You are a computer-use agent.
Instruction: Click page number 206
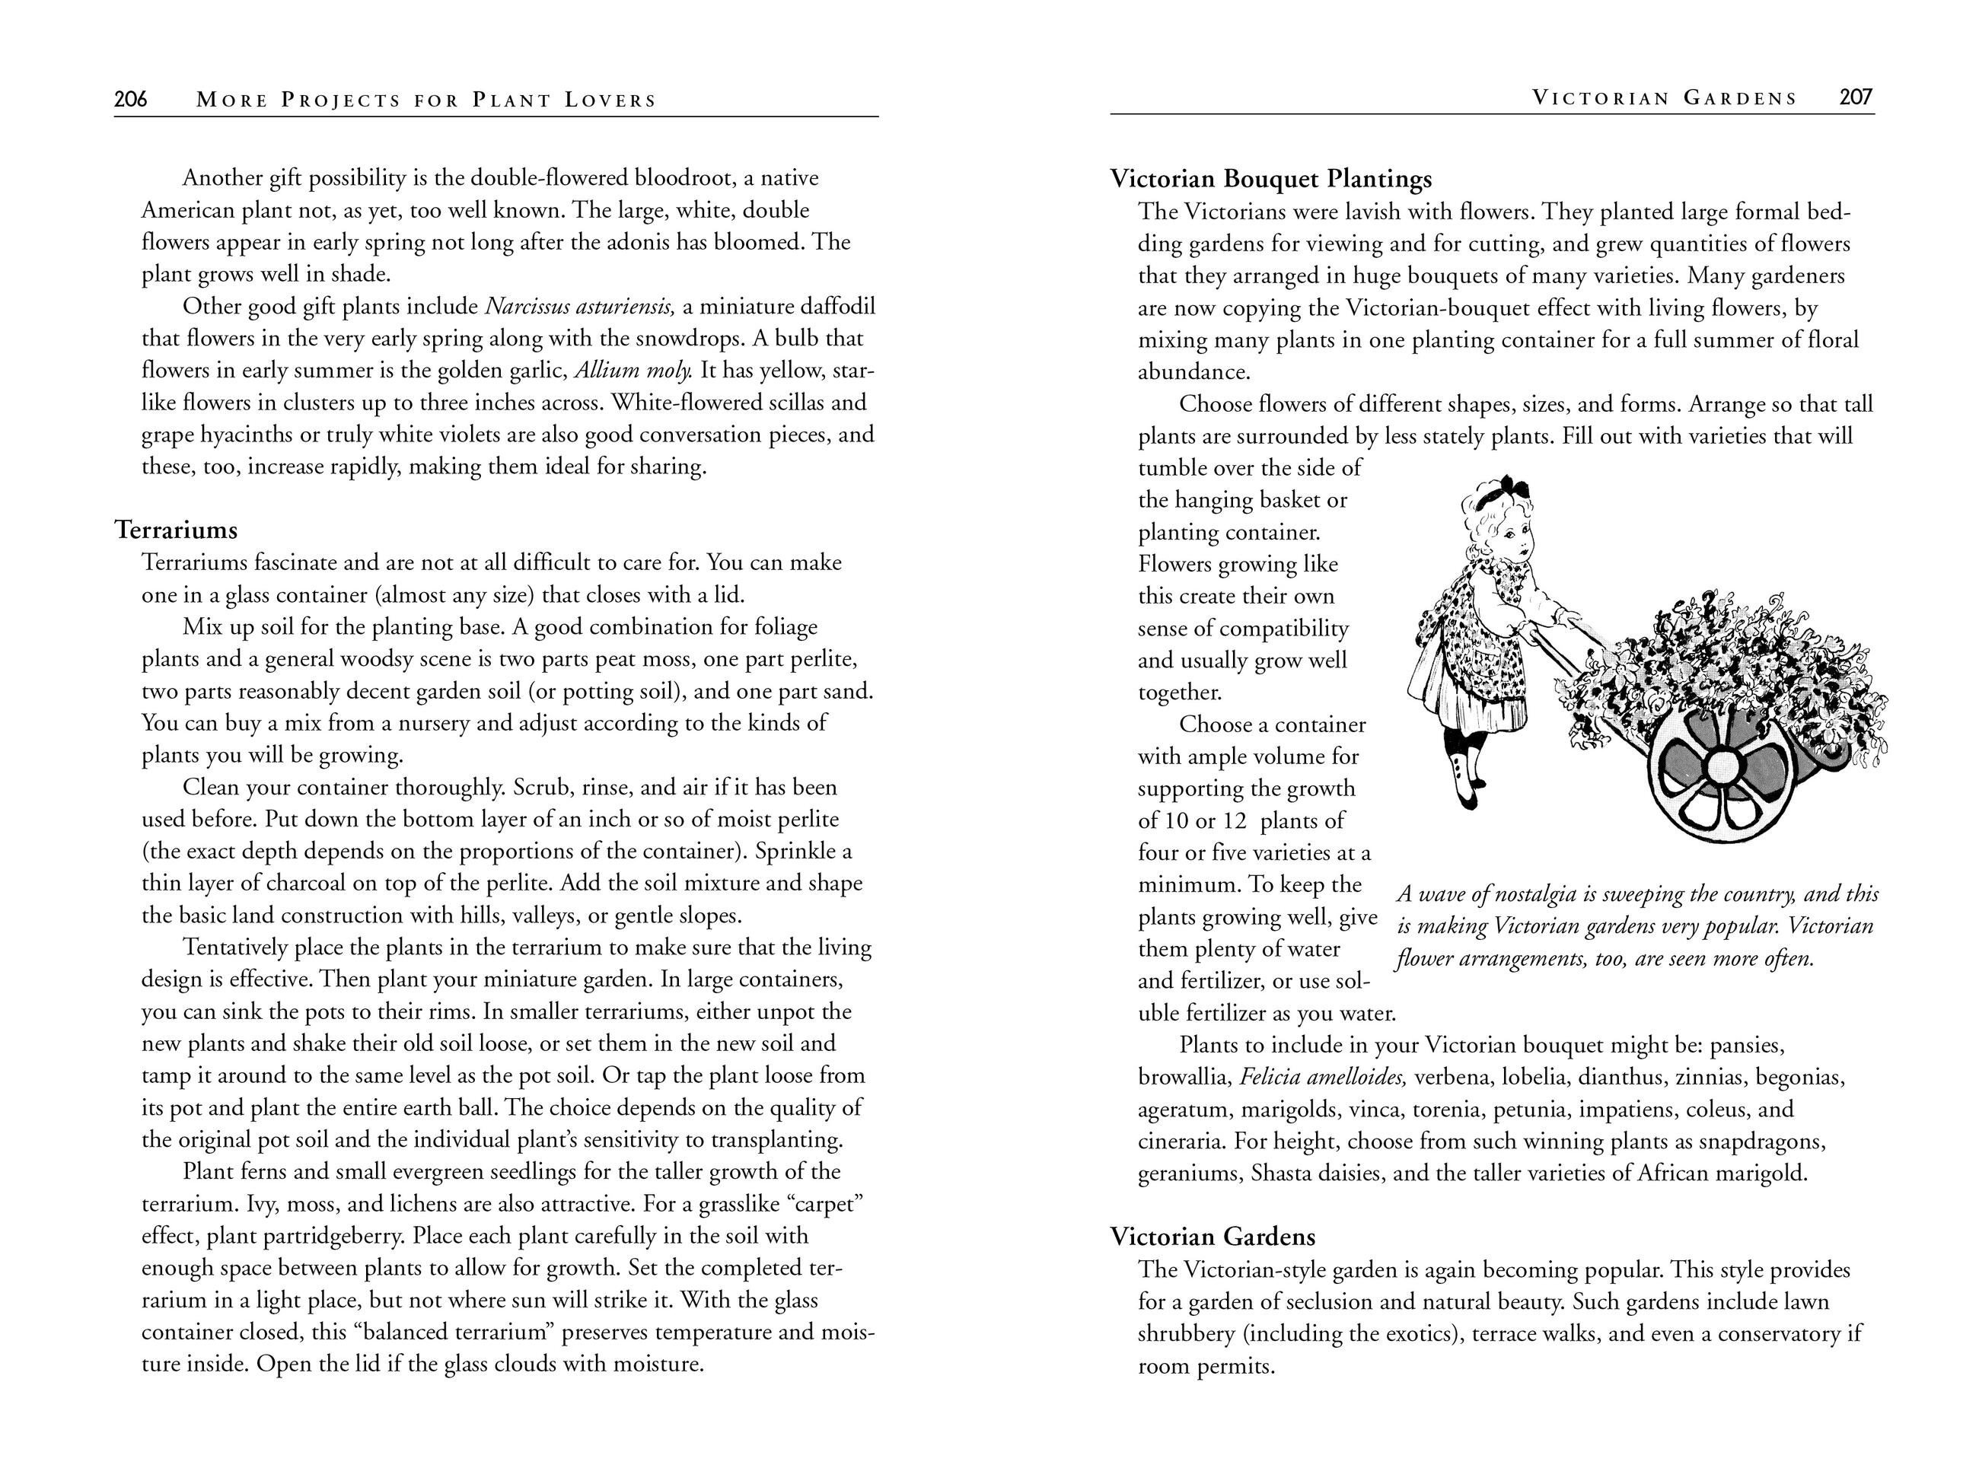131,99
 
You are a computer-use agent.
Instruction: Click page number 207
1856,97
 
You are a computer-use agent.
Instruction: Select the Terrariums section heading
177,530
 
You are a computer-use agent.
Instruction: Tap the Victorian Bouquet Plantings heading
1270,179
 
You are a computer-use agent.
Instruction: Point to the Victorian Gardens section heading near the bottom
1213,1237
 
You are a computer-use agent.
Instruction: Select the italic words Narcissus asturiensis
578,307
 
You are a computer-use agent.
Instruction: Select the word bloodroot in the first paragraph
683,178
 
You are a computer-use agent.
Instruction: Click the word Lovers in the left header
610,100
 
